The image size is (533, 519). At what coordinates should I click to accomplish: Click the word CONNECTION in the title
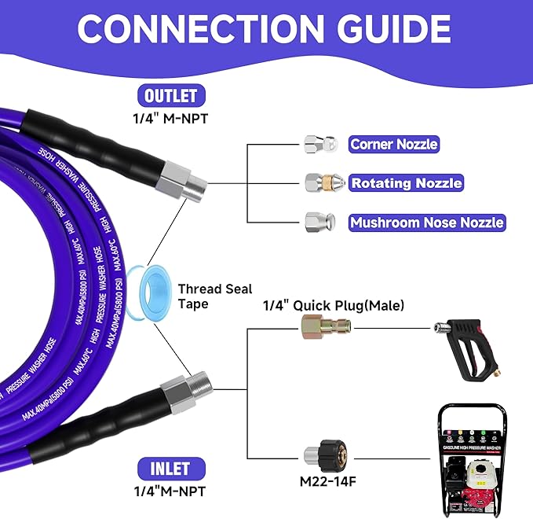click(191, 30)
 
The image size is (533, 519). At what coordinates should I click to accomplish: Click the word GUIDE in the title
click(380, 30)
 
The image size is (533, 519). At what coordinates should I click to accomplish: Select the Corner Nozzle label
click(393, 144)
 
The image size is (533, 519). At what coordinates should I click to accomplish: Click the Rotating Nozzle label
click(405, 183)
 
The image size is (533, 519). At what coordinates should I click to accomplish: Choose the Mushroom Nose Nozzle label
click(426, 223)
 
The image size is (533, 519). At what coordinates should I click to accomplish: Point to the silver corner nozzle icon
click(320, 144)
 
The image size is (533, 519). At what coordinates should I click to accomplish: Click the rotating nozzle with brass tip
click(322, 183)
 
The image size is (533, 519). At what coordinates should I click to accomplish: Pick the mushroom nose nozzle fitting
click(320, 222)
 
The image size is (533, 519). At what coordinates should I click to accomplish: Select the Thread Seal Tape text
click(206, 296)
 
